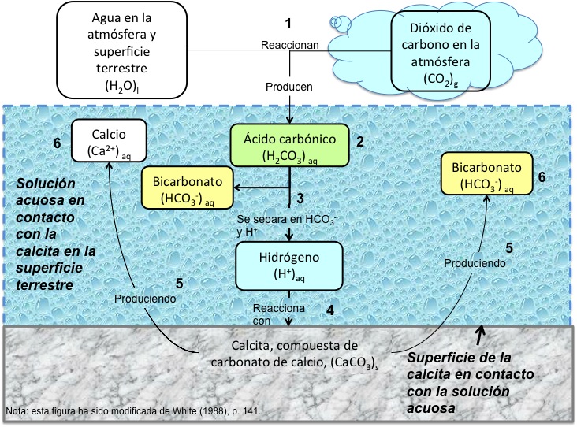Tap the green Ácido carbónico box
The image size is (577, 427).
[290, 144]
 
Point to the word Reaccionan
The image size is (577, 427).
[290, 45]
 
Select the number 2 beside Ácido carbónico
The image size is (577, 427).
[359, 142]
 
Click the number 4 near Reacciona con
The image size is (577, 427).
[330, 310]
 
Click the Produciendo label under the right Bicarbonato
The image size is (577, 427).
[474, 262]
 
